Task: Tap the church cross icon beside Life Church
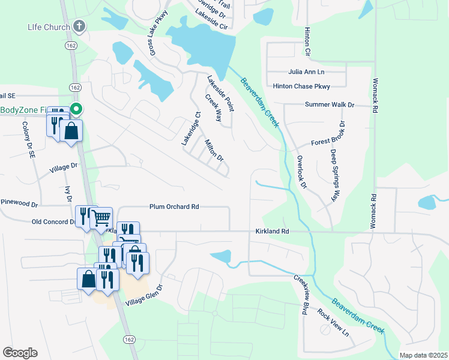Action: pos(79,26)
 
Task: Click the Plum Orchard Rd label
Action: pos(174,207)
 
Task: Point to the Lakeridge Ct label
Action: pos(190,129)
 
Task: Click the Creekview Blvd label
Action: pos(301,295)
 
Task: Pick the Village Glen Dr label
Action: pos(145,295)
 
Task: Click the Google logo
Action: pos(20,353)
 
